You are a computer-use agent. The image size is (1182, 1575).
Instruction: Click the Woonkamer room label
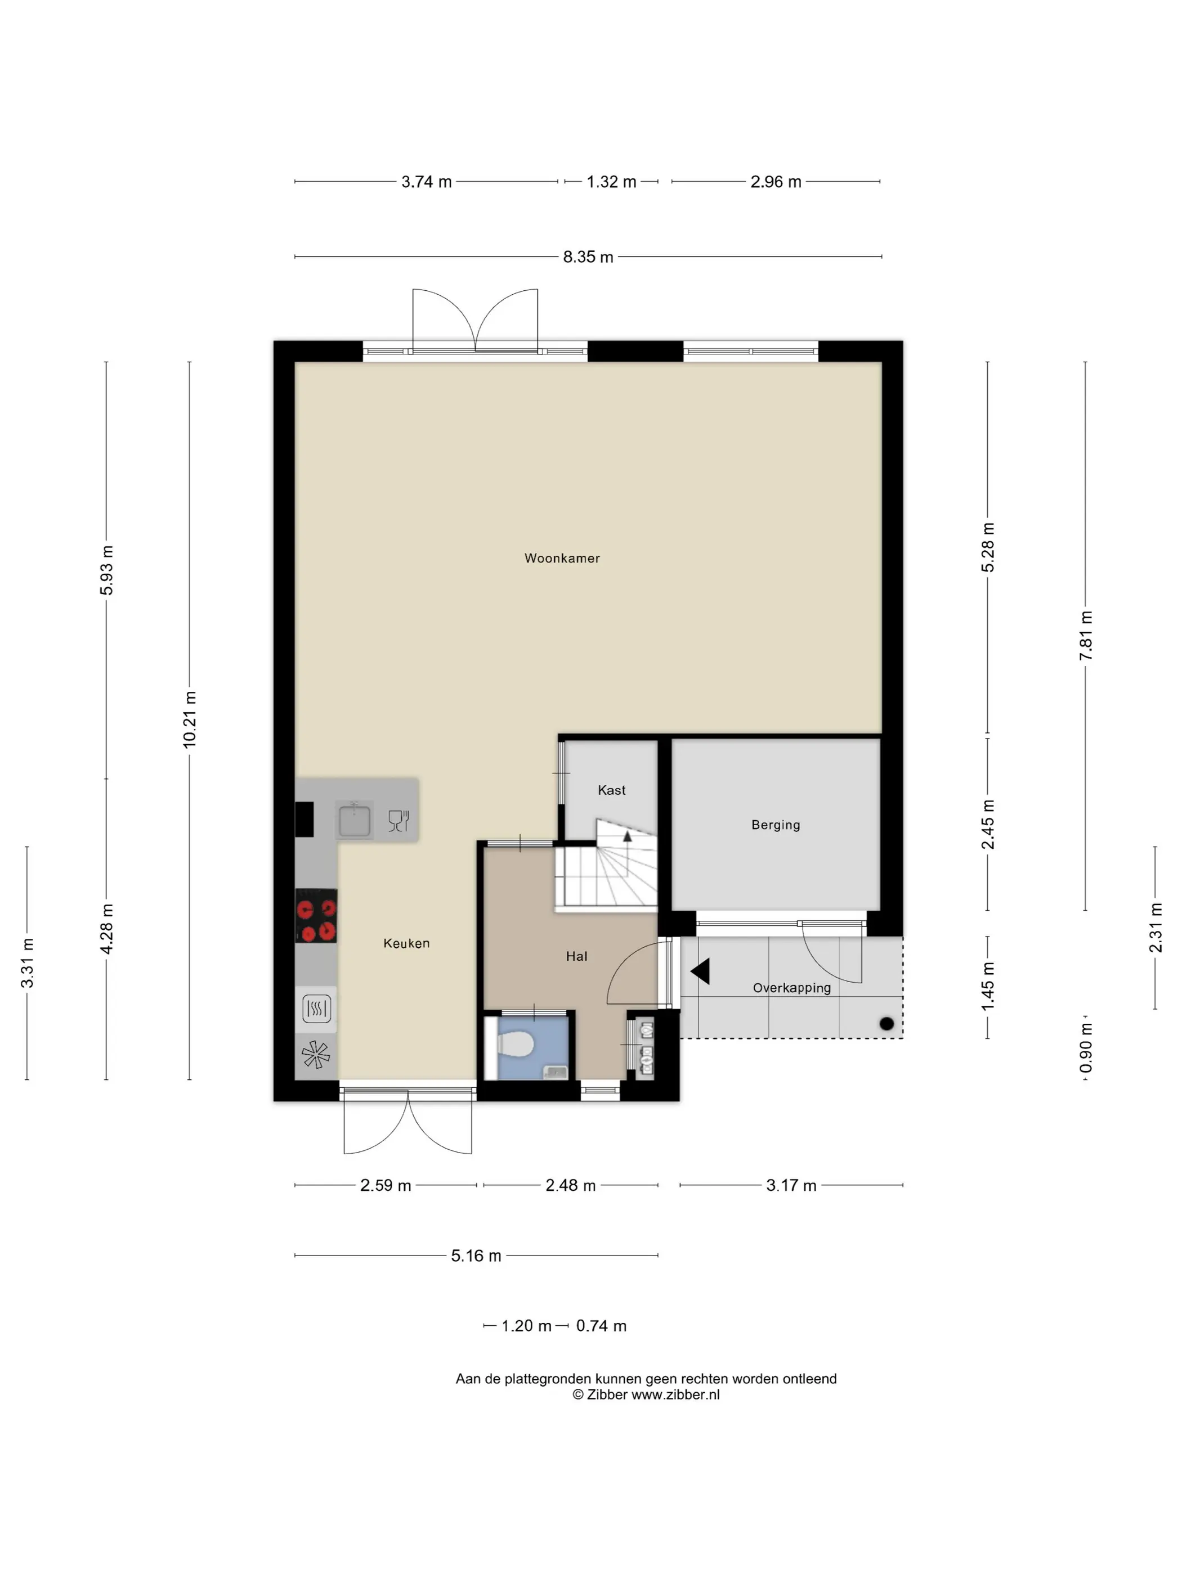click(x=562, y=558)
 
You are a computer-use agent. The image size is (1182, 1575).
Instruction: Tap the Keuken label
click(x=406, y=943)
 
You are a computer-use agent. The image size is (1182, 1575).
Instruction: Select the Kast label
click(x=611, y=790)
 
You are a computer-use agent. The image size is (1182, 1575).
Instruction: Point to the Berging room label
click(x=776, y=825)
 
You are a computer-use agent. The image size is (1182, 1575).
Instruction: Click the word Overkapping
click(x=791, y=988)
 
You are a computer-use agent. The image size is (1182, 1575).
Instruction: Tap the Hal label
click(x=576, y=956)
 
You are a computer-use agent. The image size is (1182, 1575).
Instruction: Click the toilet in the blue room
click(x=514, y=1045)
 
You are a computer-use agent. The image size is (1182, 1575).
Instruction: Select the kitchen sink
click(x=355, y=820)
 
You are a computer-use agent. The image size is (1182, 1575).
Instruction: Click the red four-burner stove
click(x=316, y=916)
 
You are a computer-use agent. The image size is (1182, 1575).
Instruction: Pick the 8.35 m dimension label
click(x=588, y=257)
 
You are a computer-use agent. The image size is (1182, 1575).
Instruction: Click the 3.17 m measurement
click(x=791, y=1186)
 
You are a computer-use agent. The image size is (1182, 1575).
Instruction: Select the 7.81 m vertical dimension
click(x=1086, y=636)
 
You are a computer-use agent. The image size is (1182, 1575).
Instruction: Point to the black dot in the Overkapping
click(x=886, y=1024)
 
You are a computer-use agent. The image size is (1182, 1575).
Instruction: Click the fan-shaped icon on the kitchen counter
click(x=316, y=1055)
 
